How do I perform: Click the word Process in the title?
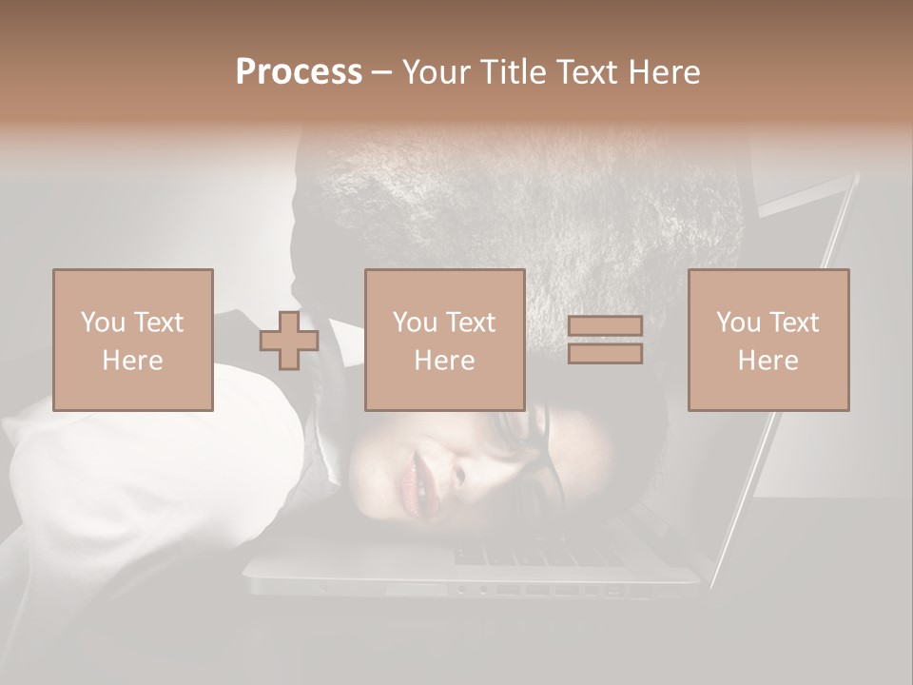point(299,72)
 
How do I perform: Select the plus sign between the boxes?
point(289,341)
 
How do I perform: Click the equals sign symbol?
point(605,340)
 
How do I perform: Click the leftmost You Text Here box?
point(133,340)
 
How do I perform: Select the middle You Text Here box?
point(445,340)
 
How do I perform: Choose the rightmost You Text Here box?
point(768,340)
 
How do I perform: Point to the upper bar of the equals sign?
point(605,326)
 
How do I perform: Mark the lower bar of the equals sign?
point(605,354)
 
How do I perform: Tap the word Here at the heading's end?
point(664,72)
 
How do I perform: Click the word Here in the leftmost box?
point(133,361)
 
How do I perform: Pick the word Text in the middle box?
point(471,323)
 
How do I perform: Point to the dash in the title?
point(382,72)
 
